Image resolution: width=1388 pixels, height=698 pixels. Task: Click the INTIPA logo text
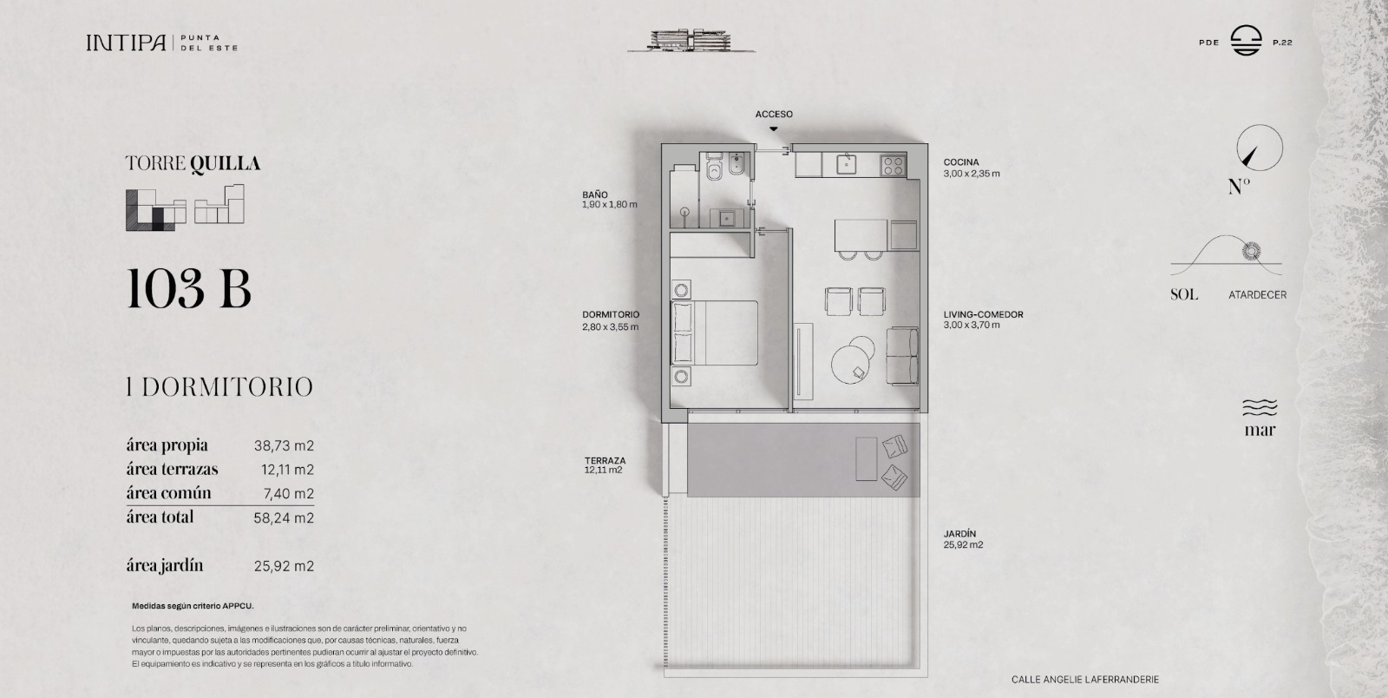coord(127,43)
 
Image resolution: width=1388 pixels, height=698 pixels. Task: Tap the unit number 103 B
coord(189,289)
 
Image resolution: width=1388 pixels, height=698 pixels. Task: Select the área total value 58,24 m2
coord(283,517)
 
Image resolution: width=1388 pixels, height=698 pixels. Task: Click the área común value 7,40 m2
coord(288,493)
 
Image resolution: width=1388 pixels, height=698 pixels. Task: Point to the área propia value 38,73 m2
coord(284,445)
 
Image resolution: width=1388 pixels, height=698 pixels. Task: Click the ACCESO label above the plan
coord(773,114)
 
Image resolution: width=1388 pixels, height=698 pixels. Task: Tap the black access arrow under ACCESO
coord(773,129)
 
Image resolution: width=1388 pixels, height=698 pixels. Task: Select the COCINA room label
coord(961,162)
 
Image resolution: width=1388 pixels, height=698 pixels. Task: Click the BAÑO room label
coord(595,194)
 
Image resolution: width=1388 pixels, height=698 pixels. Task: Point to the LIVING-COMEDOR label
coord(984,314)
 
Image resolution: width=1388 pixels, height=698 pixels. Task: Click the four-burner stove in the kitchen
coord(893,166)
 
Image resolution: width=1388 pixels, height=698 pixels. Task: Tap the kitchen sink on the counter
coord(847,164)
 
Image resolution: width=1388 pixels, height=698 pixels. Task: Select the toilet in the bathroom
coord(714,168)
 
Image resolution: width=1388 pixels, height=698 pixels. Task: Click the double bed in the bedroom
coord(715,333)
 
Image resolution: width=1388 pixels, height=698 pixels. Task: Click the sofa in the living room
coord(902,357)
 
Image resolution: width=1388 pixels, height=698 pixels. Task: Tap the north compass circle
coord(1259,148)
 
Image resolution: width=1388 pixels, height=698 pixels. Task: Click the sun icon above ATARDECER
coord(1251,251)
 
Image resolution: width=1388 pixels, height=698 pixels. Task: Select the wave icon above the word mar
coord(1260,407)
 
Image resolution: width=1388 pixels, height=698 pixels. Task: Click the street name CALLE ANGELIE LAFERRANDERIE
coord(1085,680)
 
